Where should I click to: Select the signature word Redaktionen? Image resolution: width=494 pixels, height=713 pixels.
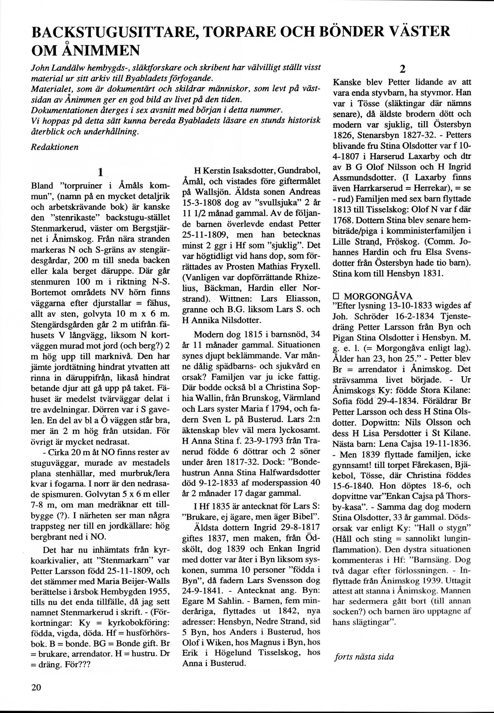[55, 147]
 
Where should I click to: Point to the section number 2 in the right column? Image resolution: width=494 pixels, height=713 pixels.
[403, 70]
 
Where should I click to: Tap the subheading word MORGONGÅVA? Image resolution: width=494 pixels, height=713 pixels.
[378, 296]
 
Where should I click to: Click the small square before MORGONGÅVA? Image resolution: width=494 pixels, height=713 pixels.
[336, 297]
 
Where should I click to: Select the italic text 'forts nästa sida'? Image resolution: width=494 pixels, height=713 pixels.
[364, 657]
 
